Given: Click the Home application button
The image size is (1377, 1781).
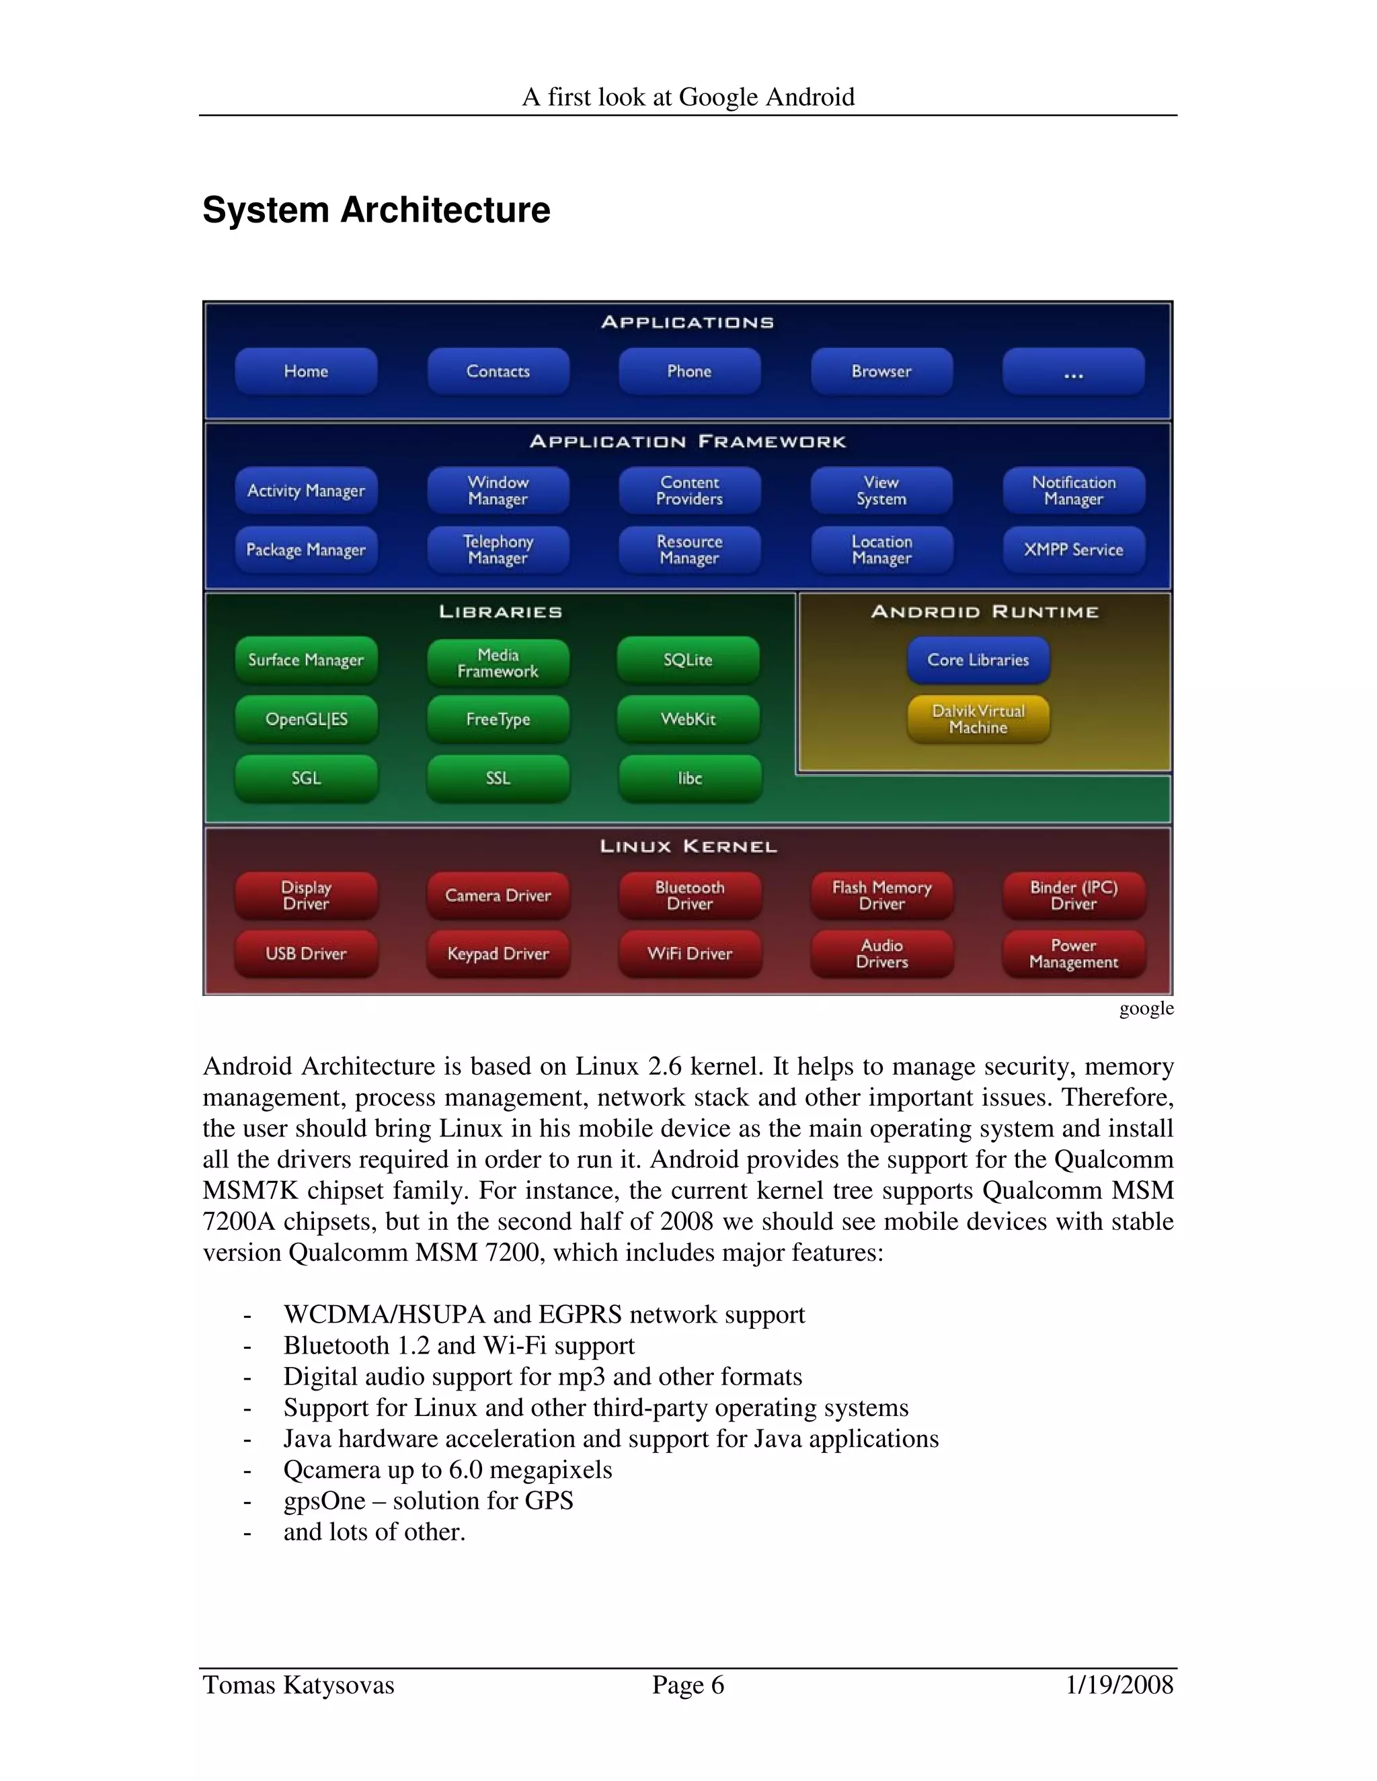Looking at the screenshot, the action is point(306,372).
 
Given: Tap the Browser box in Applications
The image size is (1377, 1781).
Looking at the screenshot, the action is point(881,372).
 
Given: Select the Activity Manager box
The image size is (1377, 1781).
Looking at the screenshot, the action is point(306,491).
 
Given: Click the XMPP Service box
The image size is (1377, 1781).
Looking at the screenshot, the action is point(1072,550).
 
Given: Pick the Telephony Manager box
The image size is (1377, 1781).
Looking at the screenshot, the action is point(498,550).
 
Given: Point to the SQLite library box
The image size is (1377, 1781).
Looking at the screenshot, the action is point(688,660).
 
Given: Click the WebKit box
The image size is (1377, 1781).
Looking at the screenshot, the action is point(688,719).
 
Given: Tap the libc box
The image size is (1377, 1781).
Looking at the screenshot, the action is point(689,778).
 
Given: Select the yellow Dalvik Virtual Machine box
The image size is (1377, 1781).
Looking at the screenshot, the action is point(978,719).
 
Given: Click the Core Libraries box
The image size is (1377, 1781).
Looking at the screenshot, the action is point(978,660).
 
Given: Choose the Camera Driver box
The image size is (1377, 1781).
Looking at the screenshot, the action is point(498,895).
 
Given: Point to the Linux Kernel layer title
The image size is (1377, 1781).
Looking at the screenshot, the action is point(688,846).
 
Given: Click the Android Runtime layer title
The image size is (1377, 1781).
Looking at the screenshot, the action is point(984,612).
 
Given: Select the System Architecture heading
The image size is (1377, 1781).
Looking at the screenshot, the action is point(376,210).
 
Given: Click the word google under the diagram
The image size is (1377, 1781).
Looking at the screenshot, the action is point(1146,1009).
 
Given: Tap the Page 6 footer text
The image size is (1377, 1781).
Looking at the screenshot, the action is point(688,1685).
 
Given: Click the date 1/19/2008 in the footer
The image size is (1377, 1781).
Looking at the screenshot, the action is point(1119,1685).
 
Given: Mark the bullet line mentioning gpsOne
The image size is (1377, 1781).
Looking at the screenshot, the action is point(428,1501).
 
